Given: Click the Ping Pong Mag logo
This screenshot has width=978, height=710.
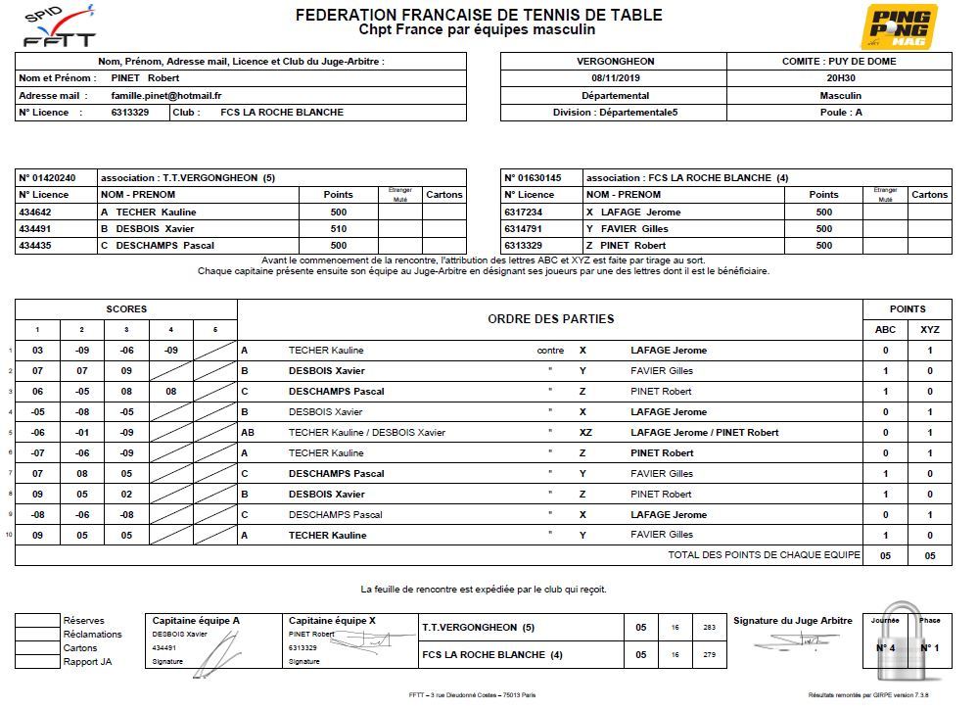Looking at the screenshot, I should pos(899,27).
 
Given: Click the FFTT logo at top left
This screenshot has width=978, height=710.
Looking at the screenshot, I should pos(60,26).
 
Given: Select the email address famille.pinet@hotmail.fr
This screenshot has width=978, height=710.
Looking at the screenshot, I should pos(166,96).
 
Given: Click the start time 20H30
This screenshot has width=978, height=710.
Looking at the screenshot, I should pos(839,78).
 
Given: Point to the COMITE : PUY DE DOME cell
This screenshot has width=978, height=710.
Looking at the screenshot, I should pos(839,62).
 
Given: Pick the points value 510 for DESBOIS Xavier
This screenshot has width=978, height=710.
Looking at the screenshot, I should pos(339,229).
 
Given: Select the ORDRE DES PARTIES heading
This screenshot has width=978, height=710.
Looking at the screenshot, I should pos(550,318).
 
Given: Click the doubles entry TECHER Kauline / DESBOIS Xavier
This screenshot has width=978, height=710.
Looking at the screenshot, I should pos(366,433).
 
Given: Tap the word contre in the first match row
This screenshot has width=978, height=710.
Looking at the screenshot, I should pos(551,350).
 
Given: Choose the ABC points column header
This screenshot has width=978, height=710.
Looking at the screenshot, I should pos(885,330).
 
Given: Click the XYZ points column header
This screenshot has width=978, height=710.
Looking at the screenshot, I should pos(930,330).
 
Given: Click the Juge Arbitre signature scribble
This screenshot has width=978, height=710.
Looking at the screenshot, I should pos(793,641).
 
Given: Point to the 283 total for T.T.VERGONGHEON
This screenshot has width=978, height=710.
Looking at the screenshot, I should pos(709,628).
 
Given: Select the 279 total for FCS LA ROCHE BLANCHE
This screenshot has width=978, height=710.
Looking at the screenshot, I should pos(709,655).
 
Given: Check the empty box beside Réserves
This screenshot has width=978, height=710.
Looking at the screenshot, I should pos(37,621).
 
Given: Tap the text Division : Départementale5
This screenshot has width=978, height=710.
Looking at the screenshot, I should pos(614,113).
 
